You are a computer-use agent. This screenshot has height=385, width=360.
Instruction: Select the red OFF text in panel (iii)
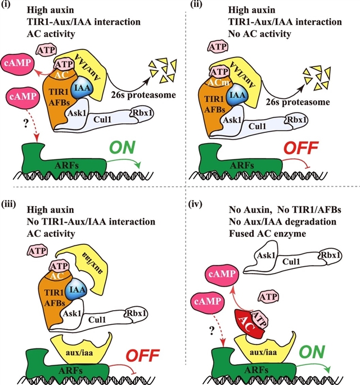click(141, 356)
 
